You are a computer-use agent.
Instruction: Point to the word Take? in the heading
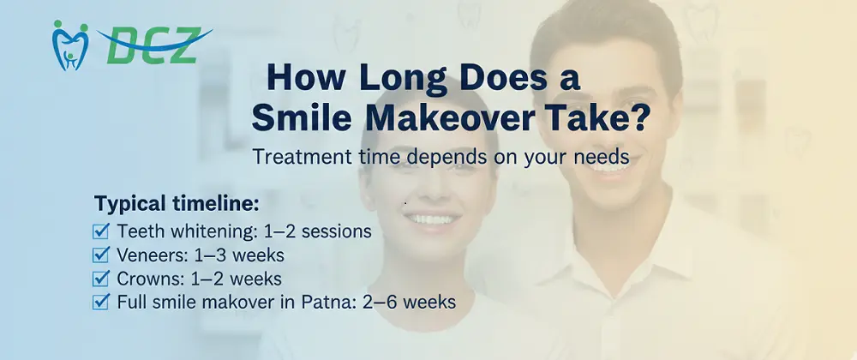pyautogui.click(x=595, y=117)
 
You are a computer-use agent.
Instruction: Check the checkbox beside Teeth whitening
pyautogui.click(x=101, y=231)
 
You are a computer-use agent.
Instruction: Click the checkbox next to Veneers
pyautogui.click(x=101, y=255)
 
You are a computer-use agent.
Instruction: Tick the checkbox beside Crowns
pyautogui.click(x=101, y=279)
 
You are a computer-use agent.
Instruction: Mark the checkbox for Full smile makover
pyautogui.click(x=101, y=302)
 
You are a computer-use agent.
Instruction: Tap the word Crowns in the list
pyautogui.click(x=145, y=279)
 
